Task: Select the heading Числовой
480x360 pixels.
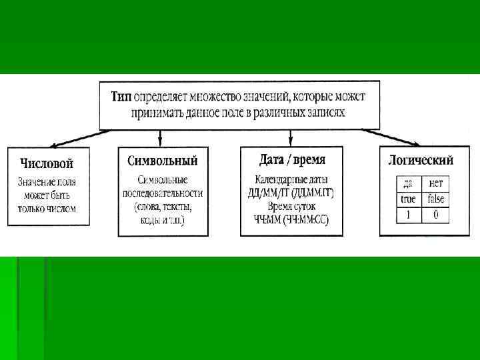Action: (x=47, y=163)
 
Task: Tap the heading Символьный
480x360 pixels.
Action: (x=162, y=161)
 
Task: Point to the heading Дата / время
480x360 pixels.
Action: (x=292, y=160)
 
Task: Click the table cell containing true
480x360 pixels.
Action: (x=408, y=199)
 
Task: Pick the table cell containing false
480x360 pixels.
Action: (x=436, y=199)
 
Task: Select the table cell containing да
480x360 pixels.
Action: (x=408, y=183)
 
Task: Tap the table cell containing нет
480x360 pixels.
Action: (x=436, y=183)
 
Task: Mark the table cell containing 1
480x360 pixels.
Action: (x=408, y=215)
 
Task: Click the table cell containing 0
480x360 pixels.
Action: (x=436, y=215)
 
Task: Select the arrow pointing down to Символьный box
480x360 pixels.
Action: (x=161, y=137)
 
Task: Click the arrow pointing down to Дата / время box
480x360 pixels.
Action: (x=290, y=137)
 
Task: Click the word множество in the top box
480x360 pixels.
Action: (x=218, y=97)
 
